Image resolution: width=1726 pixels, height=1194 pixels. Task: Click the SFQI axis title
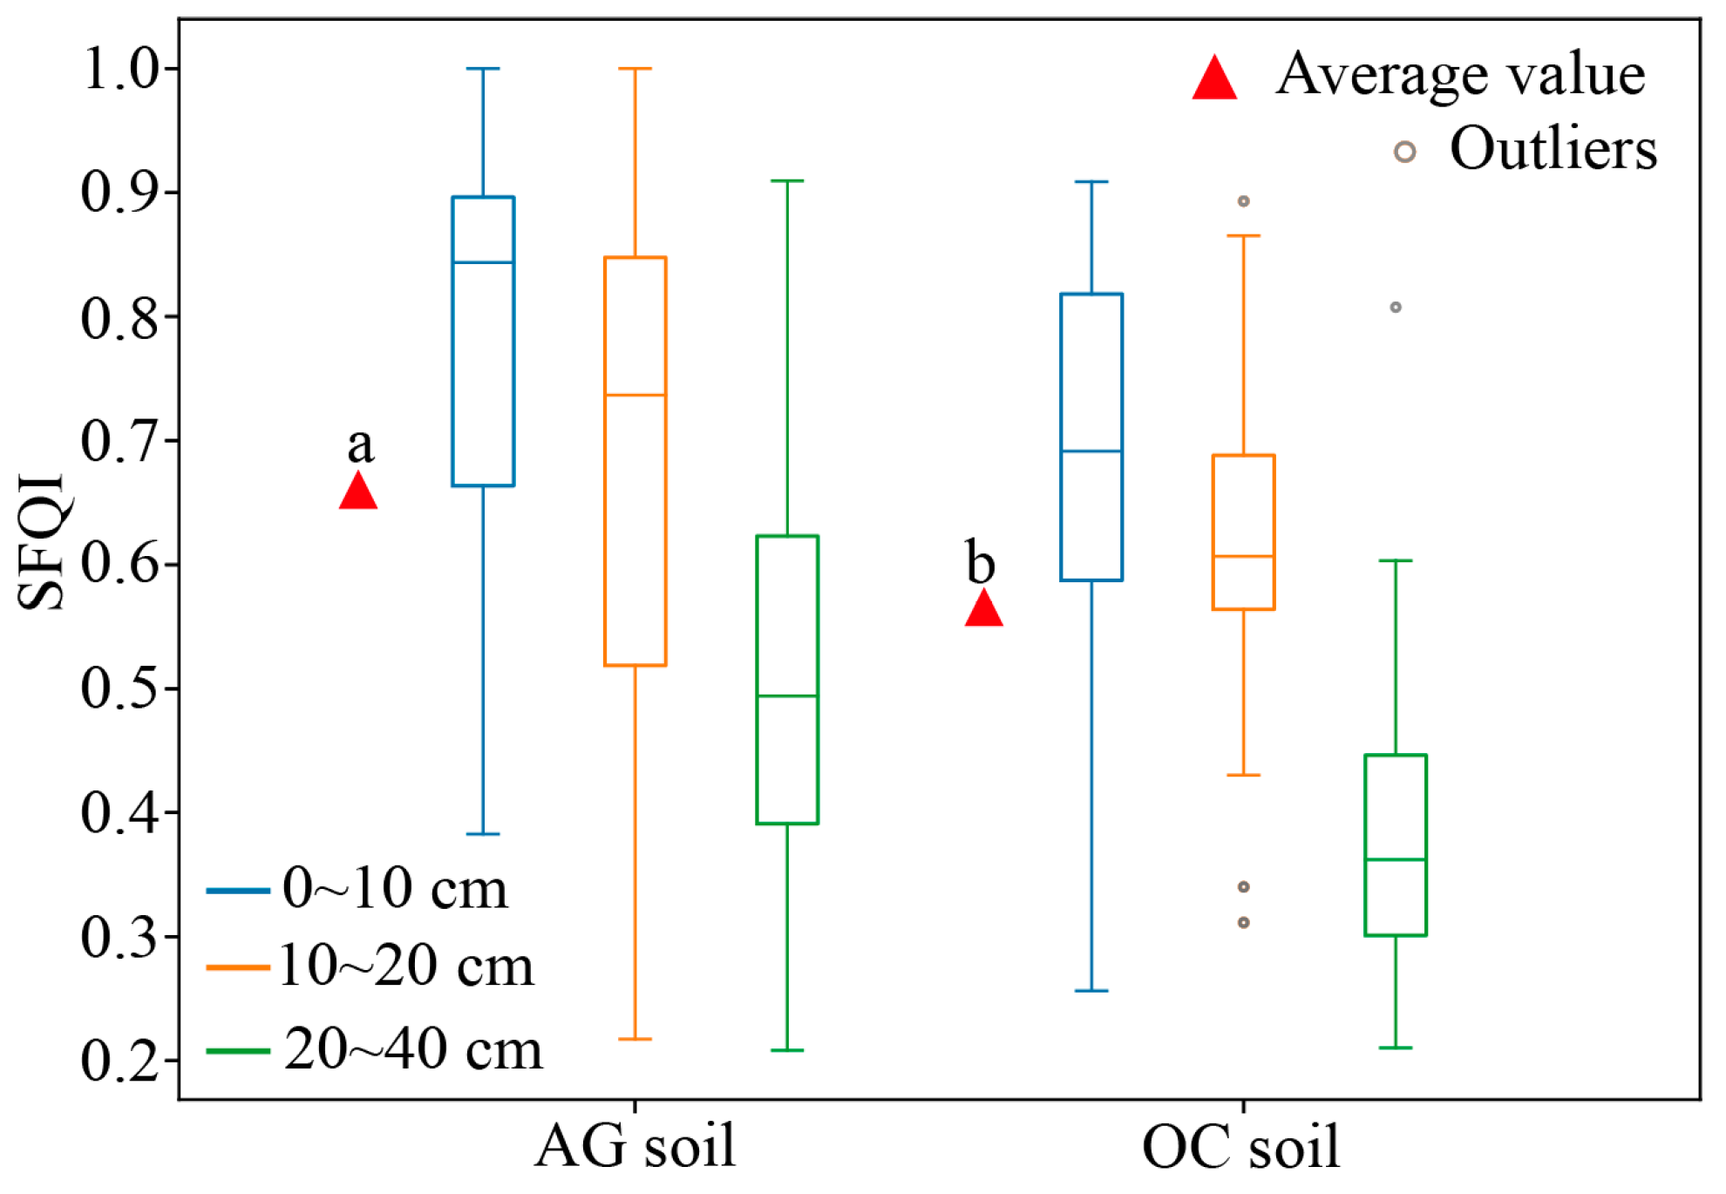click(x=42, y=540)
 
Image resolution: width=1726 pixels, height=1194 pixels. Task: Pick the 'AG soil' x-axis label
click(x=635, y=1146)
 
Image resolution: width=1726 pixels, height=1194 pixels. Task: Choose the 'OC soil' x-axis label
click(x=1240, y=1146)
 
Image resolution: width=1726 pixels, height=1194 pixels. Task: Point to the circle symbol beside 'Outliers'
click(x=1403, y=152)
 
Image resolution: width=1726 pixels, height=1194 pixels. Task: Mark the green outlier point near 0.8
click(x=1396, y=307)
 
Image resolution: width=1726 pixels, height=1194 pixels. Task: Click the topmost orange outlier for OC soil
click(x=1244, y=201)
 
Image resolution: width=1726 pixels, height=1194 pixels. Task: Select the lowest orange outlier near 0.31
click(x=1244, y=922)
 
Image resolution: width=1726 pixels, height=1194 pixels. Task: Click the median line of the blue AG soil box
click(x=483, y=262)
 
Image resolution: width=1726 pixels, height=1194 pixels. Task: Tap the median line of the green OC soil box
click(x=1396, y=859)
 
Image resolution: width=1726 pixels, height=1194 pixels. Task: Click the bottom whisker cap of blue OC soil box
click(x=1091, y=991)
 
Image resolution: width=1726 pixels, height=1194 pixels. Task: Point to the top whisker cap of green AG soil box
click(x=787, y=181)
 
